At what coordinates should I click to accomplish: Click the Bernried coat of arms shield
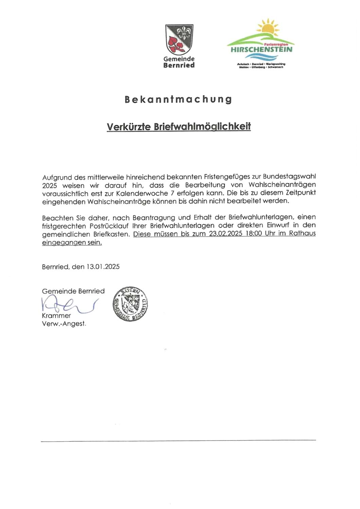point(179,39)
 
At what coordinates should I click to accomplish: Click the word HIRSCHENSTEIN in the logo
point(261,50)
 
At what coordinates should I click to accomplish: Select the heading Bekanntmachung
point(178,99)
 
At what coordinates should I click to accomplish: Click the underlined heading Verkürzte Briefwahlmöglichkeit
point(179,127)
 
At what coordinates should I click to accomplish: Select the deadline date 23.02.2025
point(223,233)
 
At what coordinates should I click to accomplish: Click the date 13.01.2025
point(103,267)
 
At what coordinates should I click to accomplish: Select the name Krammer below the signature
point(56,316)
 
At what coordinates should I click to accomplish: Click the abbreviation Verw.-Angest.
point(64,324)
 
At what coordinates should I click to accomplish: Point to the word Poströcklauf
point(109,225)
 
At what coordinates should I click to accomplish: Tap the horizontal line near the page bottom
point(178,440)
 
